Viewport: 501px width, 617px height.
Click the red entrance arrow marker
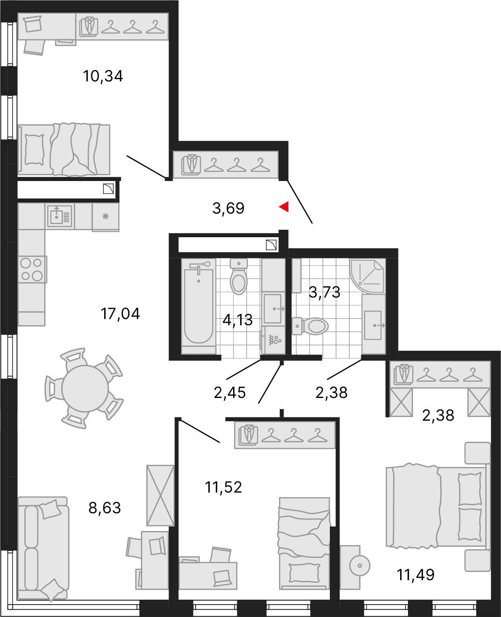pyautogui.click(x=284, y=207)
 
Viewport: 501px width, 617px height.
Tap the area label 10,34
pyautogui.click(x=103, y=76)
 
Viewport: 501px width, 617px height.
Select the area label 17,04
pyautogui.click(x=120, y=314)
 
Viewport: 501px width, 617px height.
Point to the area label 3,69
pyautogui.click(x=228, y=208)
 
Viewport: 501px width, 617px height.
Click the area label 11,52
pyautogui.click(x=223, y=487)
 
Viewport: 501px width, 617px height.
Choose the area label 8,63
pyautogui.click(x=105, y=508)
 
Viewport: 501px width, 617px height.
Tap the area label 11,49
pyautogui.click(x=415, y=575)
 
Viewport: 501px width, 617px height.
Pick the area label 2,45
pyautogui.click(x=230, y=393)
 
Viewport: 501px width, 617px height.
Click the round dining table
pyautogui.click(x=85, y=388)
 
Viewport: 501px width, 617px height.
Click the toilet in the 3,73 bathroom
pyautogui.click(x=310, y=326)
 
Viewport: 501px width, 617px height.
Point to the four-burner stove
pyautogui.click(x=31, y=269)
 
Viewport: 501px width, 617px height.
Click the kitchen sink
pyautogui.click(x=60, y=216)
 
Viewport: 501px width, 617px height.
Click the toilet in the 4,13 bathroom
pyautogui.click(x=239, y=276)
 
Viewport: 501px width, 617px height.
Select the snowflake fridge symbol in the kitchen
pyautogui.click(x=105, y=217)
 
